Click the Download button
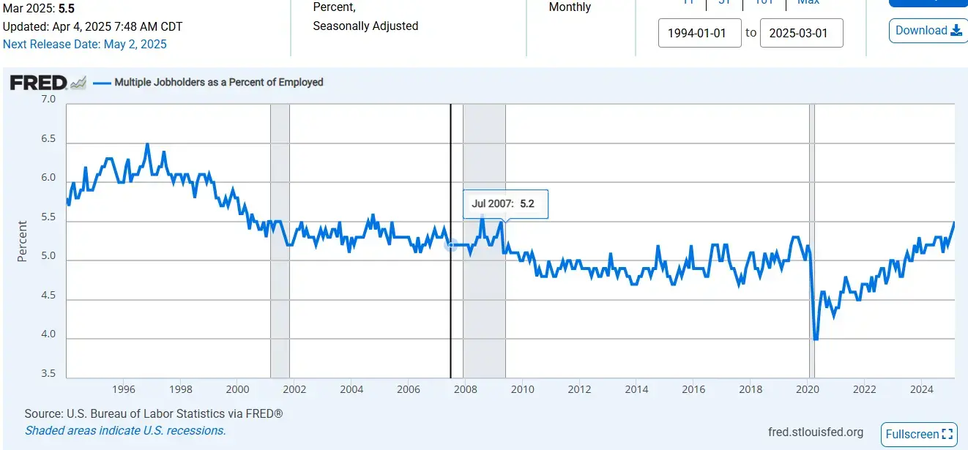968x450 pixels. pos(928,31)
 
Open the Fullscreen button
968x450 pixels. pos(919,434)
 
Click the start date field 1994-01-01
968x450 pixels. pos(699,34)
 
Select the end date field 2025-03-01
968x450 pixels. pos(801,34)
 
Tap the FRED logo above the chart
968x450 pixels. pos(38,83)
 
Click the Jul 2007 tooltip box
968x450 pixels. pos(505,204)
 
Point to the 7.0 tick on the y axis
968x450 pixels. pos(48,99)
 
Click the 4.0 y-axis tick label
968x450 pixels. pos(48,334)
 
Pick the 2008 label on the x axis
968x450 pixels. pos(466,389)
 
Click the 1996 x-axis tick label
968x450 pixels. pos(123,389)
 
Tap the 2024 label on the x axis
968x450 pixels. pos(922,389)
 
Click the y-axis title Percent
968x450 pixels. pos(23,241)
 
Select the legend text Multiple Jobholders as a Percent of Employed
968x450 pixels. pos(218,83)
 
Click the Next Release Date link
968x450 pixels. pos(85,44)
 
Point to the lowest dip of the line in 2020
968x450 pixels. pos(816,339)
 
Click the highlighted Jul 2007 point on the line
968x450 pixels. pos(451,245)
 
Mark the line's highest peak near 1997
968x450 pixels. pos(147,144)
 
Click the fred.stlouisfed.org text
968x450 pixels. pos(815,432)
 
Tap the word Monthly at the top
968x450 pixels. pos(570,7)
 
